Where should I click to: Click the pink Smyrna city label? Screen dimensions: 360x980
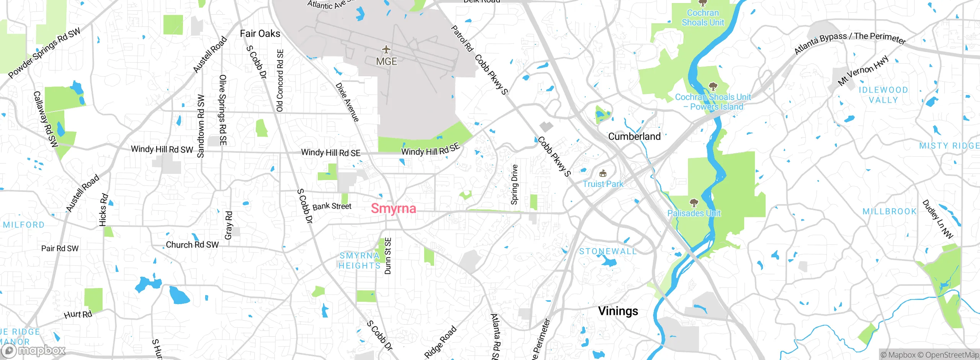(393, 208)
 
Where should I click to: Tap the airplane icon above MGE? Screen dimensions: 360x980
(386, 50)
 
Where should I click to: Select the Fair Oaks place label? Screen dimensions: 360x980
(260, 34)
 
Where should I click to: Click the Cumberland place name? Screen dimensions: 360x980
(634, 136)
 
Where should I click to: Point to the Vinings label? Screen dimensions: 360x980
(618, 311)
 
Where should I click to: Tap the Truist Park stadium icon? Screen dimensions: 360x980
(603, 173)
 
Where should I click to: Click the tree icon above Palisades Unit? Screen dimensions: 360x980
(694, 203)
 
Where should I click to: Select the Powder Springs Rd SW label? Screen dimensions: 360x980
(44, 53)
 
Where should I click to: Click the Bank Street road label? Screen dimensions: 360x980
(332, 206)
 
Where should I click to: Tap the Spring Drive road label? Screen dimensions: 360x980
(514, 184)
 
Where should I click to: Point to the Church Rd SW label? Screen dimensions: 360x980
(192, 245)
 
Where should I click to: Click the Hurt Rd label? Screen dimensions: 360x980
(78, 314)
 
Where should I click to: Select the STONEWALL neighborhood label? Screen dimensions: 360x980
(608, 252)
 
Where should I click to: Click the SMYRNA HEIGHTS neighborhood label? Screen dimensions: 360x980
(359, 260)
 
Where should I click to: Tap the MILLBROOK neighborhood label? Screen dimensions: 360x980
(889, 211)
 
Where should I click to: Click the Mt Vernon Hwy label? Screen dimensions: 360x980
(863, 71)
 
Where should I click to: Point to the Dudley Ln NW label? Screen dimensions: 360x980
(937, 219)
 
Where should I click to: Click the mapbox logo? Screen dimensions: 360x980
(33, 350)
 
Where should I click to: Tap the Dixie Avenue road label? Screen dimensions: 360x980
(347, 102)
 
